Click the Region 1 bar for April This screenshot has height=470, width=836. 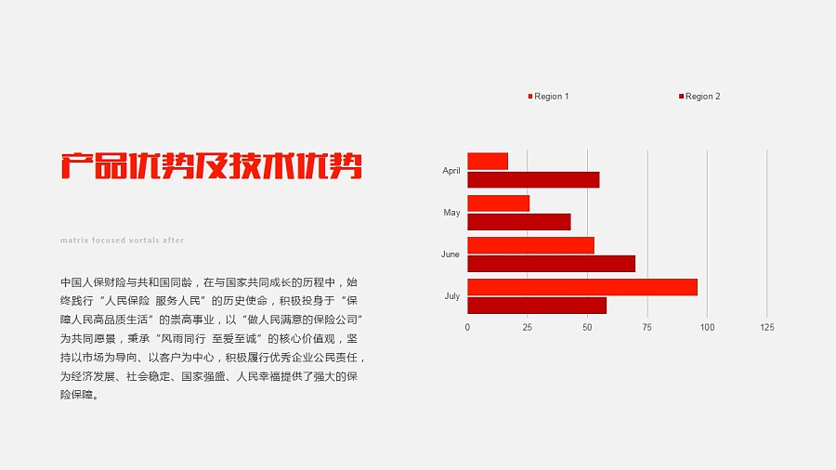pos(488,162)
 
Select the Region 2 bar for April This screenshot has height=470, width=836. pos(533,180)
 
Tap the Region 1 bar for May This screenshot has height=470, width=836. pos(498,203)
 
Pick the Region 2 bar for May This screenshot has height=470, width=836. pos(518,222)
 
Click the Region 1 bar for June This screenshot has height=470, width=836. pos(530,245)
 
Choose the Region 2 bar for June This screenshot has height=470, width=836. pos(551,264)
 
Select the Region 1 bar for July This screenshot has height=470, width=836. pos(581,287)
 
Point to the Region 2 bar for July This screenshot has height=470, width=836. pos(537,306)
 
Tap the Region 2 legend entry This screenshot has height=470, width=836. pos(700,97)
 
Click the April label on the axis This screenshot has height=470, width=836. pos(451,171)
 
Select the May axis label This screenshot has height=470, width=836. pos(451,213)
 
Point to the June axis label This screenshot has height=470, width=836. pos(451,255)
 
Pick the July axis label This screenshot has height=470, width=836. pos(451,296)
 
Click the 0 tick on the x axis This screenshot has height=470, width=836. pos(467,328)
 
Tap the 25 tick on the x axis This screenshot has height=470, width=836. pos(527,328)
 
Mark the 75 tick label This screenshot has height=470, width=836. pos(647,328)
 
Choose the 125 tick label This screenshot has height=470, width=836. pos(766,328)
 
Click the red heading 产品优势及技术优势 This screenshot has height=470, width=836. pos(212,165)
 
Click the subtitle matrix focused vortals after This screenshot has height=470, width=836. pos(122,241)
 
